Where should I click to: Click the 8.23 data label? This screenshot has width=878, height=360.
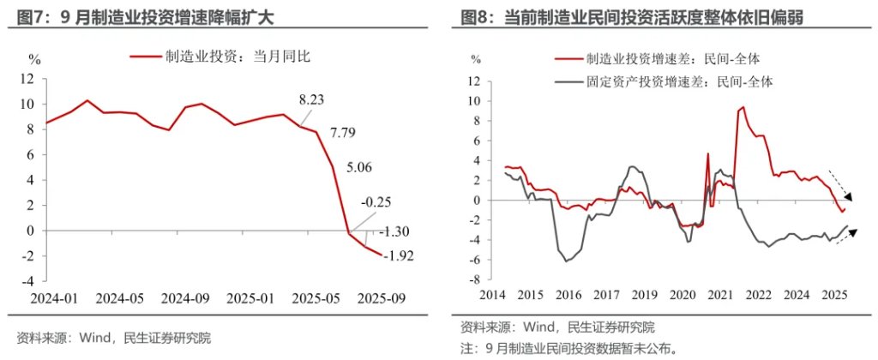(312, 100)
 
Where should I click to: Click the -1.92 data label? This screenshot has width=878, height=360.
(397, 255)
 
